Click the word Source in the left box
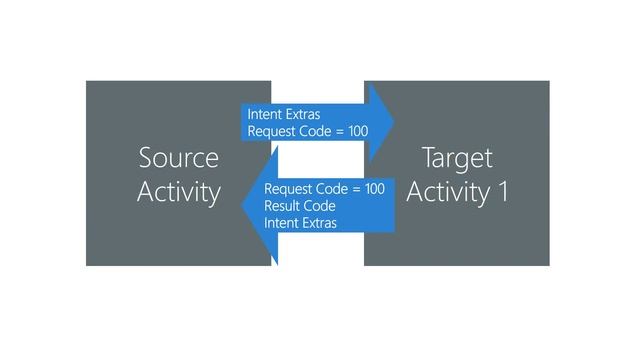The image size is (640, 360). tap(178, 158)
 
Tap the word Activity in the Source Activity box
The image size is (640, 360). tap(178, 191)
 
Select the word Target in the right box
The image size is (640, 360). tap(457, 158)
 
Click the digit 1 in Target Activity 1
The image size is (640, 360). tap(502, 191)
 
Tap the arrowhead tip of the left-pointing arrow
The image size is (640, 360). tap(237, 206)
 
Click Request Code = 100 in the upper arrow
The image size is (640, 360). tap(307, 131)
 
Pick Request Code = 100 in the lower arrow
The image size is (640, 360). tap(324, 189)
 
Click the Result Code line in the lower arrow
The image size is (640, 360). tap(299, 206)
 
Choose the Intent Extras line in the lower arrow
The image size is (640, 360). tap(301, 223)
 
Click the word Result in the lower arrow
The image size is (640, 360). tap(281, 206)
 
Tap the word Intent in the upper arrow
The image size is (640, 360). tap(265, 114)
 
